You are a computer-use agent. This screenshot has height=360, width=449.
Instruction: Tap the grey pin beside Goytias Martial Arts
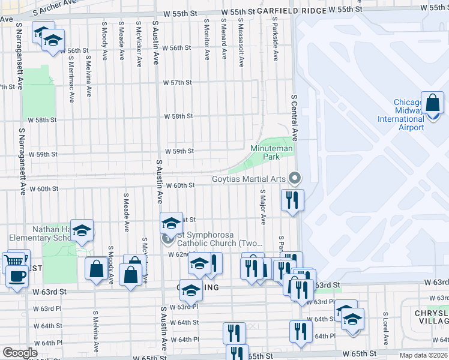[x=294, y=178]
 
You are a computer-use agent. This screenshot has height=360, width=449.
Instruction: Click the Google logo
[x=20, y=352]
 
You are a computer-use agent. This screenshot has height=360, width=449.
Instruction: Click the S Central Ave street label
[x=294, y=119]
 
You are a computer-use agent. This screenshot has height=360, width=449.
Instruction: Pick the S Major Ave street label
[x=262, y=208]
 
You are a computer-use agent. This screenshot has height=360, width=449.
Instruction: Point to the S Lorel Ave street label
[x=385, y=326]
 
